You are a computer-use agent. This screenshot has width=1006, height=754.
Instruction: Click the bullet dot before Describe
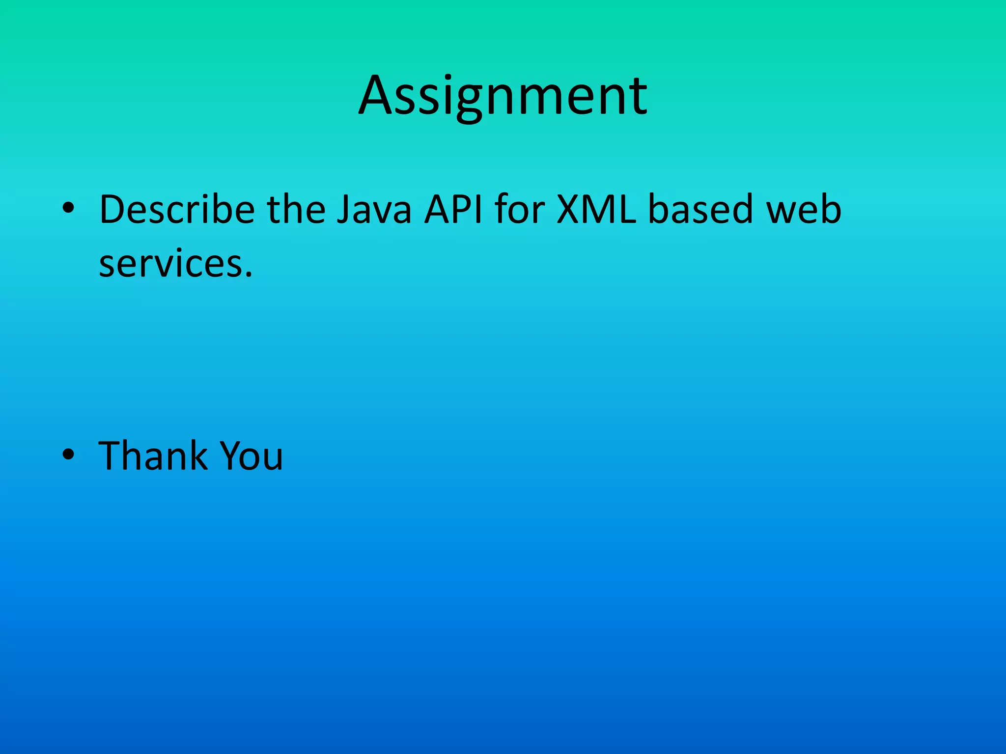coord(68,208)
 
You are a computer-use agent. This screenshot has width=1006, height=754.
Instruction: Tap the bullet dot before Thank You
coord(68,455)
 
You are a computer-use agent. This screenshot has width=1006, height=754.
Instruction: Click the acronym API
coord(453,210)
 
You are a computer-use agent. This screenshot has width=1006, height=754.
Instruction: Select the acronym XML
coord(596,210)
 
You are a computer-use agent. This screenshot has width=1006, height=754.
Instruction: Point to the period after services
coord(249,274)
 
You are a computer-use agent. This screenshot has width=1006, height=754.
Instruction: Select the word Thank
coord(153,456)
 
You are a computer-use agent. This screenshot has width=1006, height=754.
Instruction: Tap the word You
coord(251,456)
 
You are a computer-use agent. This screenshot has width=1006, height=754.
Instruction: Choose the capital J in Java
coord(345,210)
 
